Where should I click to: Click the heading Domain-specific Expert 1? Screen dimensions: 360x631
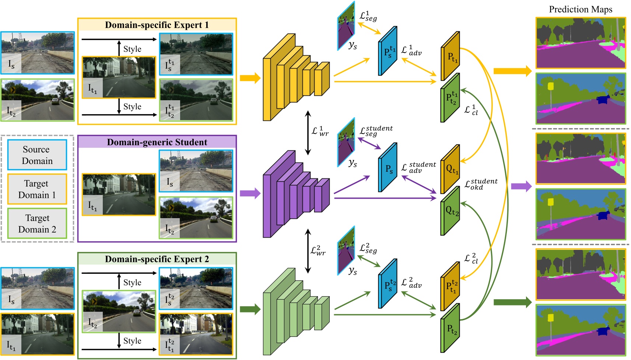[x=157, y=25]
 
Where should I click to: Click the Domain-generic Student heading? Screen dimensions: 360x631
[x=157, y=142]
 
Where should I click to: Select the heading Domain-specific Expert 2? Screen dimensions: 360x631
[x=157, y=259]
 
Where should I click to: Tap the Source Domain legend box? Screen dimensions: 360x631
[x=37, y=155]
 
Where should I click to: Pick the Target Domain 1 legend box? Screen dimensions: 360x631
[x=37, y=189]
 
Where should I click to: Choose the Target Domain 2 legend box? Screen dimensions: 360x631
[x=37, y=223]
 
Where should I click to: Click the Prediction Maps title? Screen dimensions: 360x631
[x=581, y=10]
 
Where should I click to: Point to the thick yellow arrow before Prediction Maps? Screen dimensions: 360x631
[x=512, y=71]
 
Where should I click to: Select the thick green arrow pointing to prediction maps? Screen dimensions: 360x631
[x=512, y=303]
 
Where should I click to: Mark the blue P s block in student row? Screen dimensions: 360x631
[x=388, y=168]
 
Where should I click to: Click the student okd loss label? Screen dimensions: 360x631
[x=480, y=184]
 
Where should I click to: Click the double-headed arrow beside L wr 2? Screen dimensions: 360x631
[x=308, y=251]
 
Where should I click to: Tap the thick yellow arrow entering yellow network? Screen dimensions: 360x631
[x=250, y=78]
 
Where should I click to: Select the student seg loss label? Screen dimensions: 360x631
[x=376, y=131]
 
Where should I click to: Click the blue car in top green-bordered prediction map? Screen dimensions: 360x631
[x=603, y=99]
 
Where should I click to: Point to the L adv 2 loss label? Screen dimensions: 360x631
[x=411, y=283]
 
